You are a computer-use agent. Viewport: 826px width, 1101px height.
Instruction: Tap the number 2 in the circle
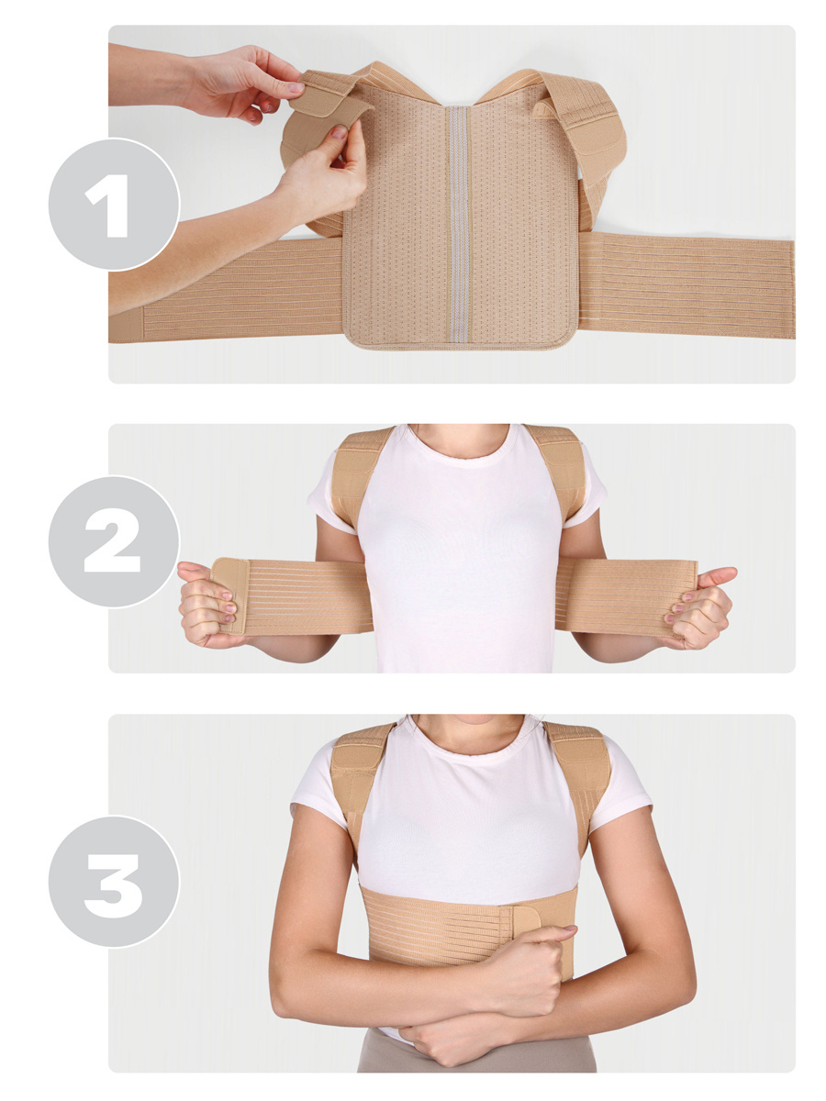pyautogui.click(x=111, y=540)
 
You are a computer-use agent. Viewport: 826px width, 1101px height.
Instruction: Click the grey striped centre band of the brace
pyautogui.click(x=458, y=224)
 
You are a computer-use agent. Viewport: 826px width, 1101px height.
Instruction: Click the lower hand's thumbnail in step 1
pyautogui.click(x=339, y=132)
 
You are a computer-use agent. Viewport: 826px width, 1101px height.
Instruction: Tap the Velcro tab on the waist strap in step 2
pyautogui.click(x=230, y=595)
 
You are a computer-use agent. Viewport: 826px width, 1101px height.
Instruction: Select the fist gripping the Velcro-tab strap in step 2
pyautogui.click(x=206, y=605)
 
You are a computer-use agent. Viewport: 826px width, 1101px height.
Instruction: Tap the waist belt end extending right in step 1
pyautogui.click(x=686, y=285)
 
